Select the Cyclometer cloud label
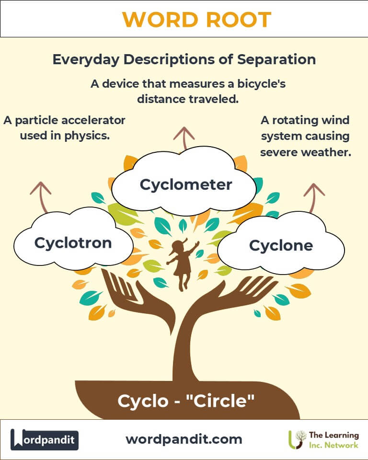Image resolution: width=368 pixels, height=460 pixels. tap(186, 184)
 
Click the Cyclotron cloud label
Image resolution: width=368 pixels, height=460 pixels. tap(73, 242)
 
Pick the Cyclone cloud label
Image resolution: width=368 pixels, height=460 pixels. tap(281, 246)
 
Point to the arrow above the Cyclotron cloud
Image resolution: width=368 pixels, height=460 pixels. tap(41, 196)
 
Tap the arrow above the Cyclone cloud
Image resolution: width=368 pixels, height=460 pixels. tap(314, 196)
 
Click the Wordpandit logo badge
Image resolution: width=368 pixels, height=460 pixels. tap(45, 439)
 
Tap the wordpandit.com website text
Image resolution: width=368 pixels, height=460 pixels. tap(184, 439)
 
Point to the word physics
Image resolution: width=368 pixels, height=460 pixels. tap(88, 136)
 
